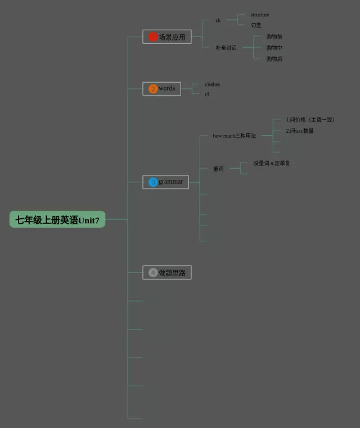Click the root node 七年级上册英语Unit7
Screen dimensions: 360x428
(57, 220)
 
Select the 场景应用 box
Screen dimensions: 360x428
(167, 37)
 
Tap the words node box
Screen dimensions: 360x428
(162, 88)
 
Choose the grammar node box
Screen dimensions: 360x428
(166, 182)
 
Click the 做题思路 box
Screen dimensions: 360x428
(167, 273)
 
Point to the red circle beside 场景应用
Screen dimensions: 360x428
(153, 37)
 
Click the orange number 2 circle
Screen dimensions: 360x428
(153, 89)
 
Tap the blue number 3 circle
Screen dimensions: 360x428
(153, 182)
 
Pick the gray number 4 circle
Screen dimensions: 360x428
(153, 273)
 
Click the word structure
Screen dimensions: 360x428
(260, 15)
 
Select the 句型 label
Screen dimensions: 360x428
(256, 25)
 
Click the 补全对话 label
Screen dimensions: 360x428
(226, 48)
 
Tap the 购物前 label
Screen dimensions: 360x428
(274, 37)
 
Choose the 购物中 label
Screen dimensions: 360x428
(274, 48)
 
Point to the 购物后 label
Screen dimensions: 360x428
(274, 59)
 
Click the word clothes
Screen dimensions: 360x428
(213, 84)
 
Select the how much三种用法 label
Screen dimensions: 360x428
(234, 136)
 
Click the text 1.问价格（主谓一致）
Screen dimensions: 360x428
(310, 120)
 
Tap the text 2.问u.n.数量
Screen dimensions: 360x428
(300, 131)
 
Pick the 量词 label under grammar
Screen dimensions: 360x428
(218, 169)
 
